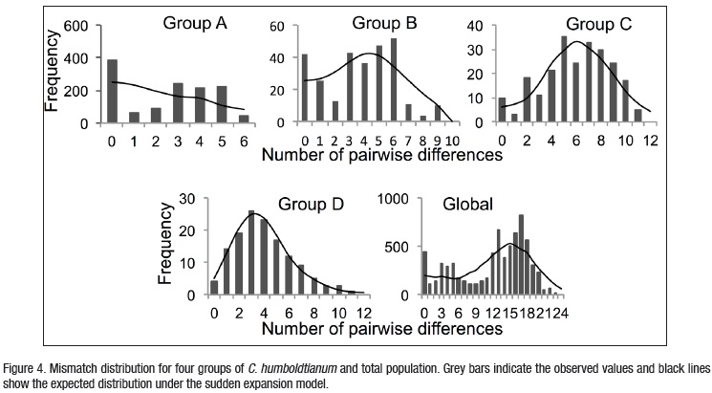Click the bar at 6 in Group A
coord(243,119)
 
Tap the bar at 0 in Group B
coord(305,88)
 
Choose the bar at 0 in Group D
coord(213,287)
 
